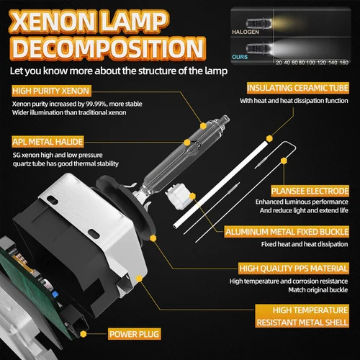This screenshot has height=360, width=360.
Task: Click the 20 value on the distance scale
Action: click(x=277, y=63)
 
